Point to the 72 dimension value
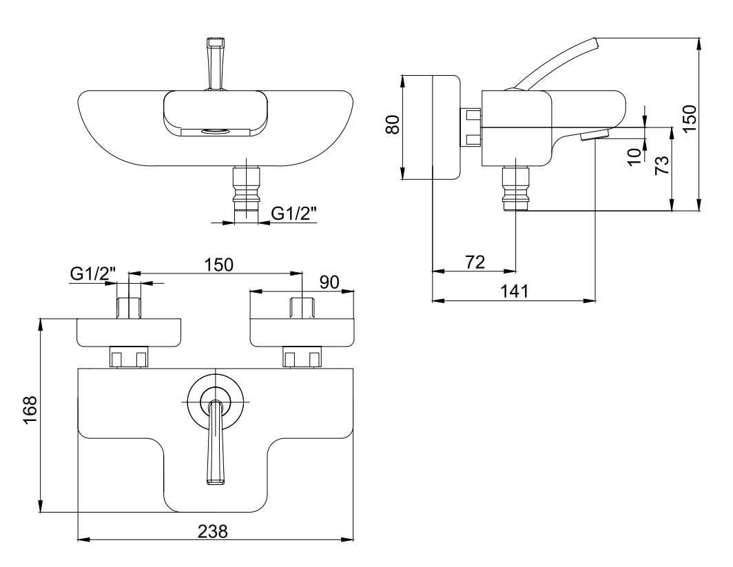(x=475, y=262)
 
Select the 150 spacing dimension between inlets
(x=218, y=265)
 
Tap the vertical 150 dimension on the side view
(x=690, y=117)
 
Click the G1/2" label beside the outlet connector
(x=293, y=214)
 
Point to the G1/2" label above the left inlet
(x=92, y=274)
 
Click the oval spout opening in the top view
(x=215, y=131)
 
